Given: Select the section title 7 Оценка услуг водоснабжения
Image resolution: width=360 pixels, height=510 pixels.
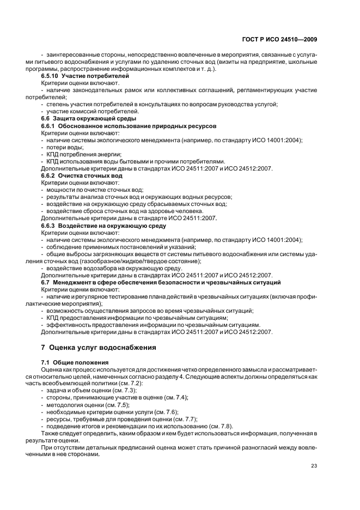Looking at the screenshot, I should click(x=99, y=347).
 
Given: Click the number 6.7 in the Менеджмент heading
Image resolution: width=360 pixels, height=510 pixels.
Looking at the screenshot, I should click(x=46, y=282).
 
